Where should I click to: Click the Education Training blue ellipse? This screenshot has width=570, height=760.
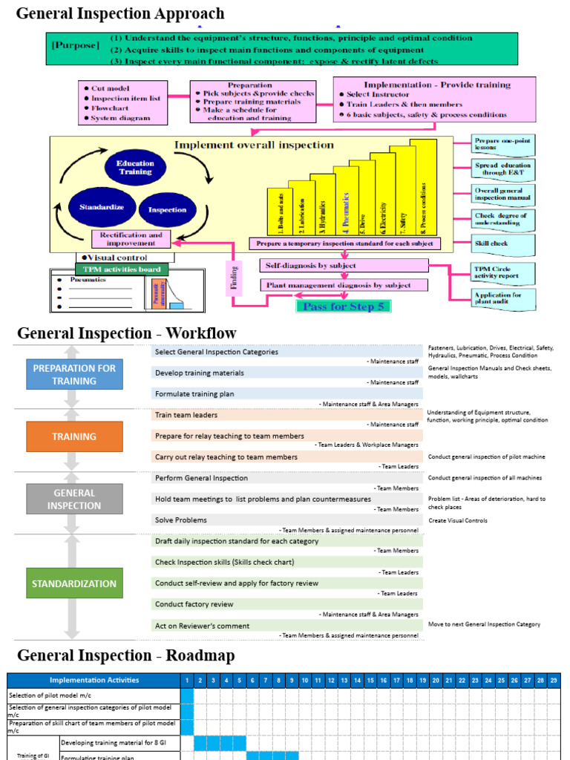[x=135, y=168]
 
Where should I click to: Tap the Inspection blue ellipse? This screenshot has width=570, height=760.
[x=167, y=209]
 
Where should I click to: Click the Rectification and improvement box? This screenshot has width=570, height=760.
[x=131, y=239]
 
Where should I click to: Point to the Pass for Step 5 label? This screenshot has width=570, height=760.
[x=343, y=306]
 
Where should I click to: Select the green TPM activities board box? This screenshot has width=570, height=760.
[x=122, y=269]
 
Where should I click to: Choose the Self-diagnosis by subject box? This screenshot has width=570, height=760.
[x=343, y=265]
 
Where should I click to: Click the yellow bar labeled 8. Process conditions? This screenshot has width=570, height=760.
[x=423, y=188]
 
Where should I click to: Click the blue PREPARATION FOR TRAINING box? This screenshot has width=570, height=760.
[x=74, y=374]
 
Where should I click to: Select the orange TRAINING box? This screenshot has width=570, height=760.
[x=74, y=436]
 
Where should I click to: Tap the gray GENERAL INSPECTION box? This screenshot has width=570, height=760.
[x=74, y=499]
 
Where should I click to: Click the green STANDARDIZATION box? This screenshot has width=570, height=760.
[x=74, y=583]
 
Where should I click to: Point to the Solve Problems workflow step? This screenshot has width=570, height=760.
[x=181, y=520]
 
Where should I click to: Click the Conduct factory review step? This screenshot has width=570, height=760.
[x=194, y=604]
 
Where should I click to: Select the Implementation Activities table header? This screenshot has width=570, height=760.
[x=94, y=680]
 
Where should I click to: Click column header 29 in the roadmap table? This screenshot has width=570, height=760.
[x=554, y=680]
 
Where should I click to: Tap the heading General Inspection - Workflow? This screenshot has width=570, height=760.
[x=127, y=333]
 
